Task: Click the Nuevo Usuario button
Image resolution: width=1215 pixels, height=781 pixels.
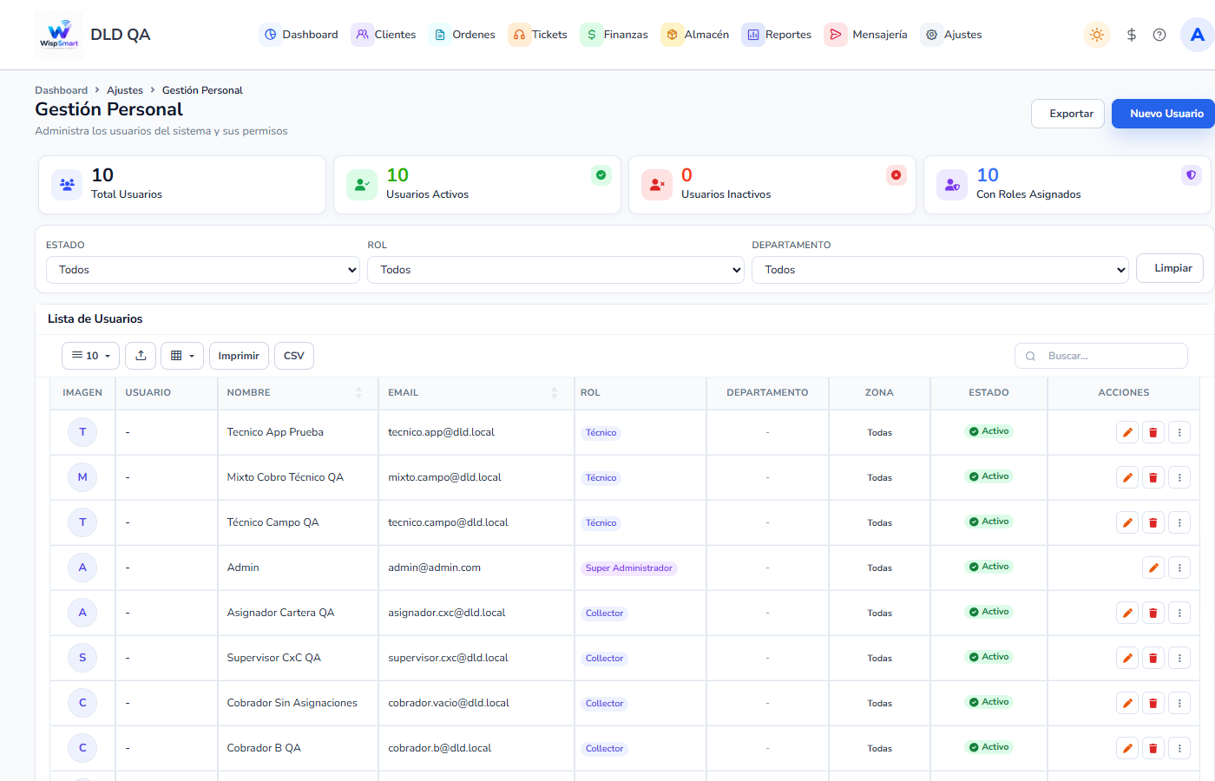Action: (1166, 114)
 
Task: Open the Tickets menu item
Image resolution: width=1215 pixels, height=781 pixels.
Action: (537, 35)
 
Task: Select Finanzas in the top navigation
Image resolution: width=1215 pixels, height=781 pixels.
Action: (614, 35)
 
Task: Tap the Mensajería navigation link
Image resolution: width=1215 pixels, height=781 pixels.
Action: (866, 35)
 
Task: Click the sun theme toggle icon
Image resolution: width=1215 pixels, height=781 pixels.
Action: (1096, 35)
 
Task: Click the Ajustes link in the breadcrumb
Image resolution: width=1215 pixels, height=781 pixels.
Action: (125, 90)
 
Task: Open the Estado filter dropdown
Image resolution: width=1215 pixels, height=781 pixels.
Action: (203, 270)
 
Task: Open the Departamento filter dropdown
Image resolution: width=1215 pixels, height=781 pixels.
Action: (940, 270)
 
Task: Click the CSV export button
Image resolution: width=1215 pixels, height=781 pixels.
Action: (294, 356)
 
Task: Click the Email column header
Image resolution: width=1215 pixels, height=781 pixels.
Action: (403, 392)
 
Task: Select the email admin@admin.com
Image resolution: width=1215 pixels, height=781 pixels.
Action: (434, 568)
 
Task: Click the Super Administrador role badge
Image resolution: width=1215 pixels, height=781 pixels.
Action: (628, 568)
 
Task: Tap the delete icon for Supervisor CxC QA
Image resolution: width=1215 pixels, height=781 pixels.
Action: (1153, 658)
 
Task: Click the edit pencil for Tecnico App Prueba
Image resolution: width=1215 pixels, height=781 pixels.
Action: (1127, 432)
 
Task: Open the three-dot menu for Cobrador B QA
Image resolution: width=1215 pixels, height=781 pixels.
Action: (1179, 748)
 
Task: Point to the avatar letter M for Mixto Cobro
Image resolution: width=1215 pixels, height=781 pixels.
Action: (82, 477)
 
